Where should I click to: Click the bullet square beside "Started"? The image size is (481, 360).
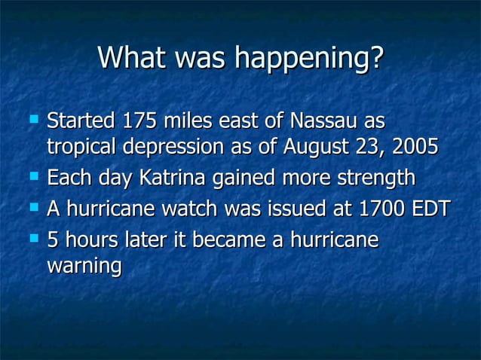point(33,118)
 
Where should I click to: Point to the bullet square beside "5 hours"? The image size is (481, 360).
point(33,239)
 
